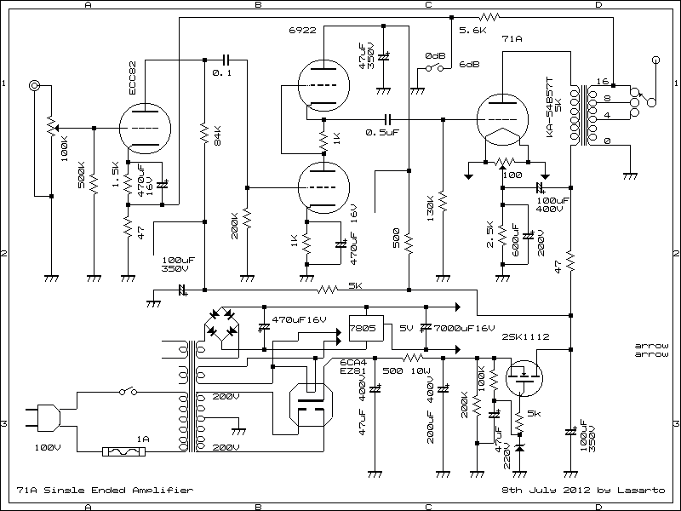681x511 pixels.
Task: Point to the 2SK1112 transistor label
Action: [x=525, y=337]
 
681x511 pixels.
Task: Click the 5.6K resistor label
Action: [x=472, y=30]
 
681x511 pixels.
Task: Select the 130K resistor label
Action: [x=430, y=209]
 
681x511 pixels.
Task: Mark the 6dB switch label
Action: [x=468, y=65]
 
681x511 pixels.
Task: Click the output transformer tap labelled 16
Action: [x=602, y=83]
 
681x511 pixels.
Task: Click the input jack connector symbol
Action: [x=35, y=86]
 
